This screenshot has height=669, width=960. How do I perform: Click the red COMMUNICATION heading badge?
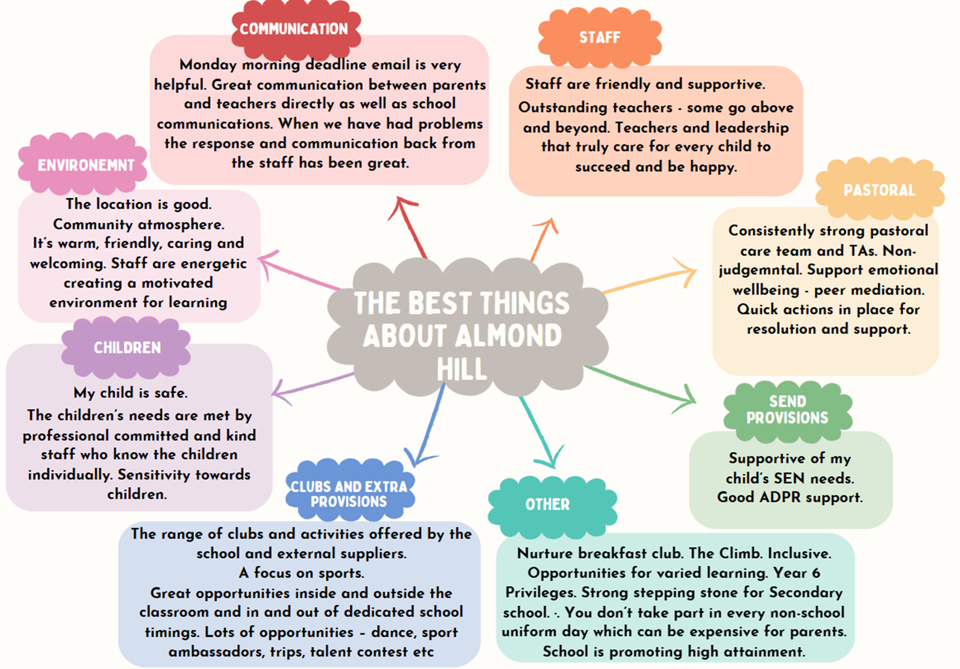[294, 29]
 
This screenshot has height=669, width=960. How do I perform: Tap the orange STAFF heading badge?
[599, 38]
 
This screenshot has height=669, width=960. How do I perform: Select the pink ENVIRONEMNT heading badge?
[86, 165]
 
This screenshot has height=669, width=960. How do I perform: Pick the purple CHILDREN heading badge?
[127, 347]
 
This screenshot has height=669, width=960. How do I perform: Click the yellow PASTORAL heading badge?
[878, 190]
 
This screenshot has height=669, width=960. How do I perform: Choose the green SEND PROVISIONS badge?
[787, 409]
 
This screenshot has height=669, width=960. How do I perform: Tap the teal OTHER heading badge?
[547, 505]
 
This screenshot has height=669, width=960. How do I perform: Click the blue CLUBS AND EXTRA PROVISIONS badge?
[349, 494]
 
